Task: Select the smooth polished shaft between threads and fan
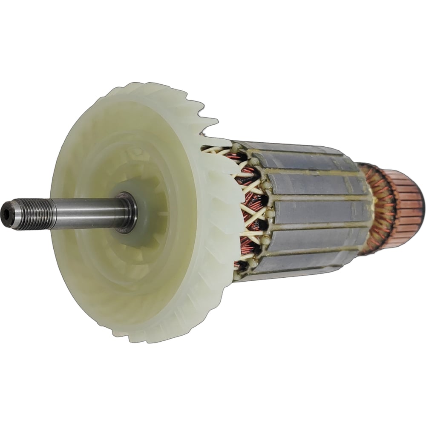85,212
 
